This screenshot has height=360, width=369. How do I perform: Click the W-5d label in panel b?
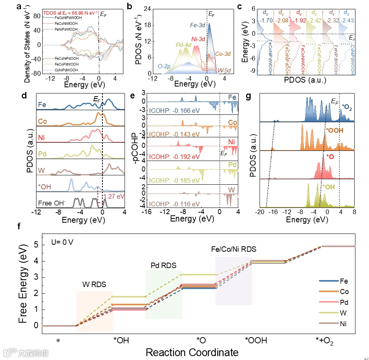(x=223, y=71)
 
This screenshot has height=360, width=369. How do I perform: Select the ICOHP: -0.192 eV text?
(x=170, y=156)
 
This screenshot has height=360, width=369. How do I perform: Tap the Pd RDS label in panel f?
(x=163, y=266)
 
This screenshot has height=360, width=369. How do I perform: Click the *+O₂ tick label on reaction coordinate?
(x=324, y=341)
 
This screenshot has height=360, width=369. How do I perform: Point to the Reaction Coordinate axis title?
(x=192, y=353)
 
